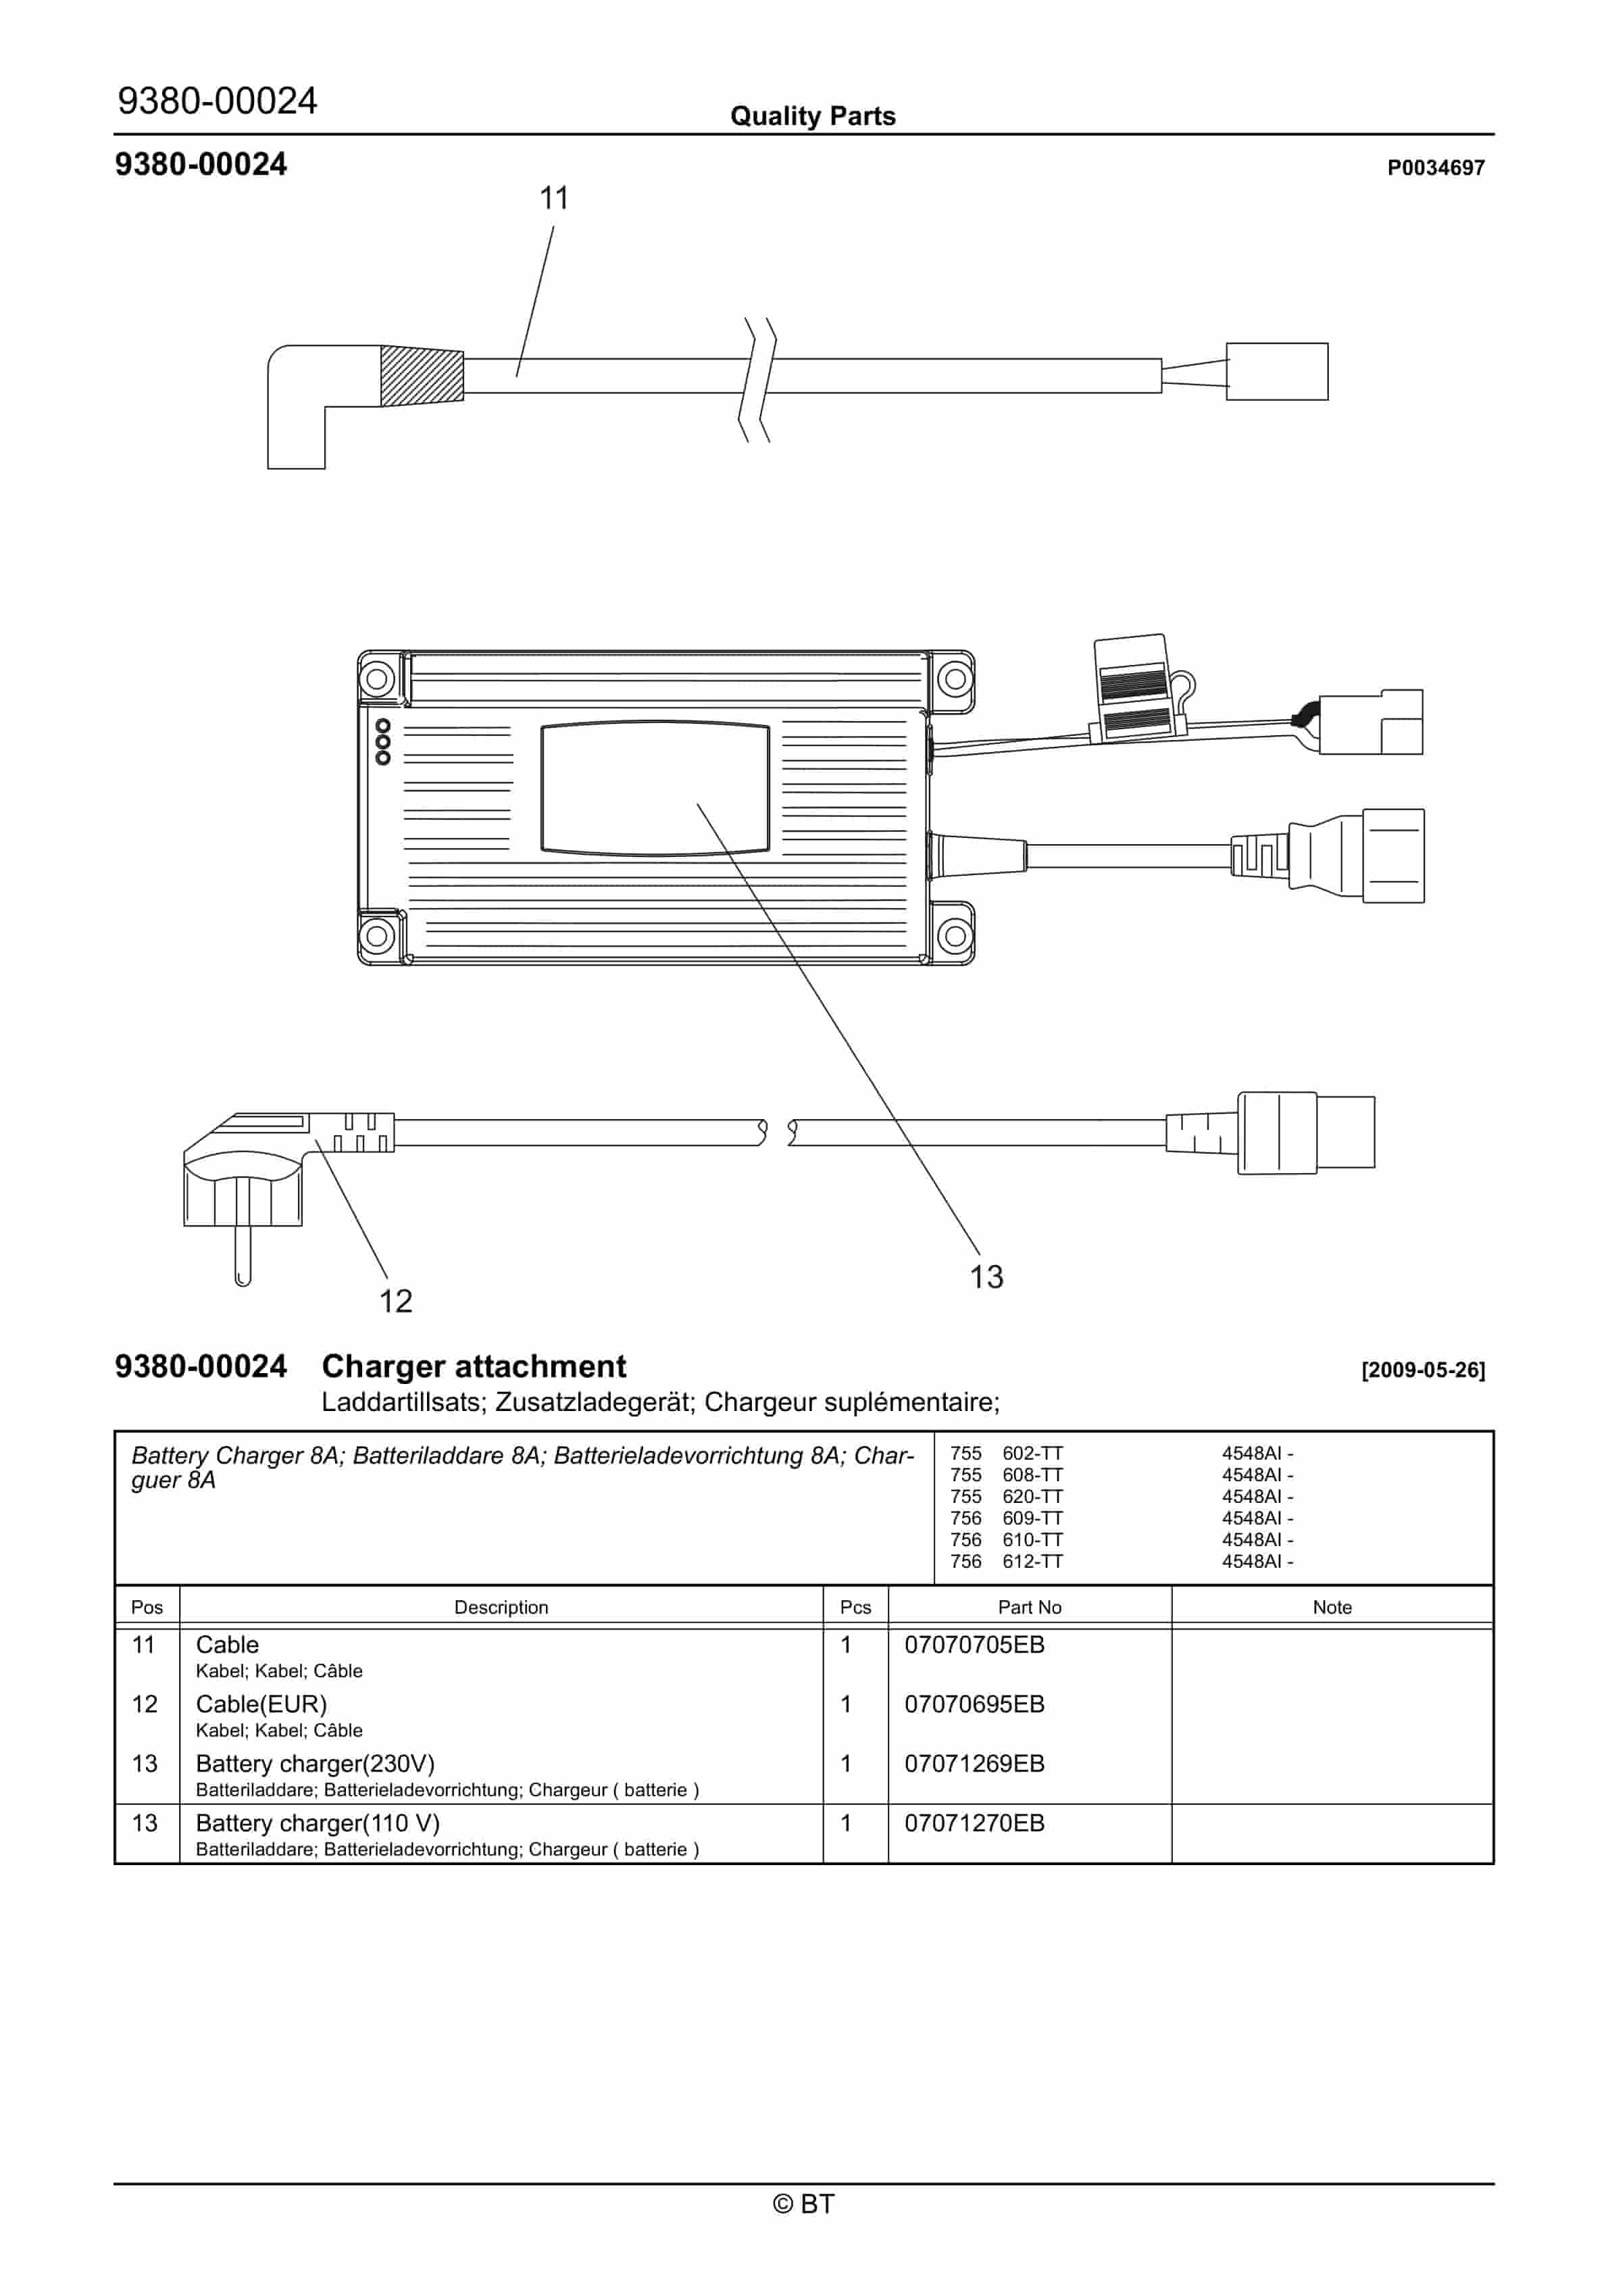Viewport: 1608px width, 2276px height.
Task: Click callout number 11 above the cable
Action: click(x=553, y=198)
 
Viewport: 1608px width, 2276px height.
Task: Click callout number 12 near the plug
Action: click(x=395, y=1301)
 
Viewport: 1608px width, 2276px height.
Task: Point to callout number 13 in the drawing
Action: click(x=986, y=1277)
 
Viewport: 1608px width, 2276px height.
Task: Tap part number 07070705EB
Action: click(x=974, y=1645)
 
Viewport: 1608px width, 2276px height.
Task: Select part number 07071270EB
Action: click(x=974, y=1823)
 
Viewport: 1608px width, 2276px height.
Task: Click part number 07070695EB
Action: click(x=974, y=1704)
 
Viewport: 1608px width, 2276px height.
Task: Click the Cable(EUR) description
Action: click(x=261, y=1704)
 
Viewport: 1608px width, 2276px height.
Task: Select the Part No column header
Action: click(x=1029, y=1608)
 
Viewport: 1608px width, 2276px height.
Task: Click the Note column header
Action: click(x=1332, y=1608)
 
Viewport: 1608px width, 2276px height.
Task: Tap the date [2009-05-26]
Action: click(x=1423, y=1370)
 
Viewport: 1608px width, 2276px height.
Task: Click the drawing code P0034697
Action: click(x=1434, y=168)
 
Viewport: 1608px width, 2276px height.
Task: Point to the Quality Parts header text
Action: click(x=812, y=116)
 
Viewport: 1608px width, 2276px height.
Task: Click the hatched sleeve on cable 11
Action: click(x=422, y=376)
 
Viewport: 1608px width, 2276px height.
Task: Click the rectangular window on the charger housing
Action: click(x=654, y=787)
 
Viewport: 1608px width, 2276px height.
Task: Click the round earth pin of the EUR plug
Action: click(x=242, y=1255)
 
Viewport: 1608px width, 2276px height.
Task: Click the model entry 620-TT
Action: click(x=1032, y=1497)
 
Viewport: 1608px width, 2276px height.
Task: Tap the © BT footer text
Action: click(x=803, y=2204)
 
